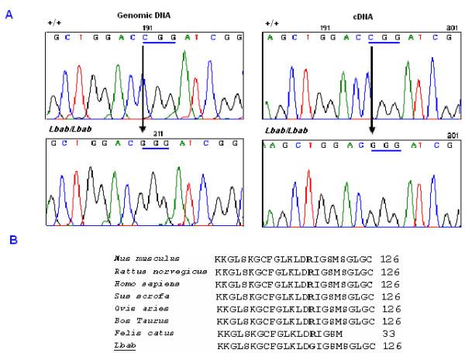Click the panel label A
pos(9,13)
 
